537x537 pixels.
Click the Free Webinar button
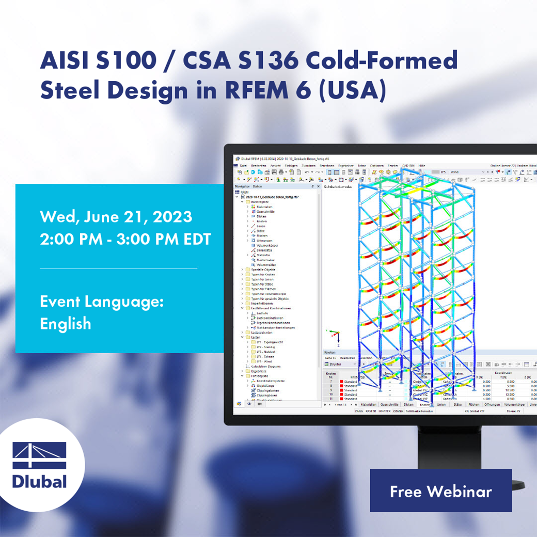point(440,491)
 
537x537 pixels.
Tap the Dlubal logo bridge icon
point(39,455)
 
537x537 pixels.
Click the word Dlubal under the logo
point(40,481)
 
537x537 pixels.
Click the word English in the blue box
point(66,324)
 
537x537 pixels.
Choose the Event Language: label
point(102,302)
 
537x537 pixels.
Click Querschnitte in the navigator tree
point(265,212)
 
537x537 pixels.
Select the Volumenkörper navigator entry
point(268,245)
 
